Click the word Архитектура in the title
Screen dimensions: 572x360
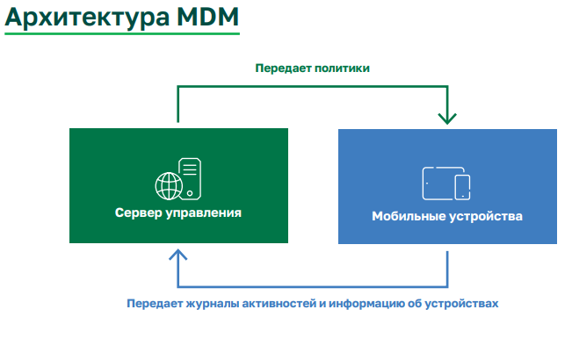tap(87, 18)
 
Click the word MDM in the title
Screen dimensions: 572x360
tap(207, 17)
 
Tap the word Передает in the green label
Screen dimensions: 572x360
tap(283, 68)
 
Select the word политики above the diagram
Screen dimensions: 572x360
tap(342, 68)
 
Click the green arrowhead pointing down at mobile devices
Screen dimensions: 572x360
tap(447, 119)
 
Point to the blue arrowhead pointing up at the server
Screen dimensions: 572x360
tap(178, 255)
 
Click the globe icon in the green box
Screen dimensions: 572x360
tap(169, 186)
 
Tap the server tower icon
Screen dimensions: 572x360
tap(190, 178)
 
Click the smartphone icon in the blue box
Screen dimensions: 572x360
tap(462, 187)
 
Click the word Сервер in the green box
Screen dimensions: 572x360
tap(139, 212)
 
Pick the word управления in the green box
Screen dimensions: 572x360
tap(204, 212)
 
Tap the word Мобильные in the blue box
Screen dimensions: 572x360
tap(409, 216)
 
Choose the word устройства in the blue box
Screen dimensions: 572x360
tap(486, 216)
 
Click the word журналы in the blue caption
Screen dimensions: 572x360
tap(213, 304)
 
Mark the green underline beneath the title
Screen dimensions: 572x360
tap(122, 34)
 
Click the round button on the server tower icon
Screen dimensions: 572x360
tap(190, 193)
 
